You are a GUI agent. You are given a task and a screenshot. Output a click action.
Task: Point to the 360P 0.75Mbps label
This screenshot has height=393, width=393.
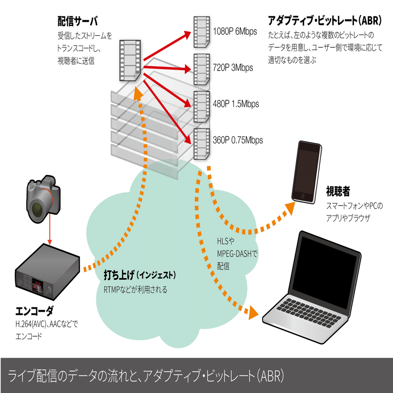tap(237, 140)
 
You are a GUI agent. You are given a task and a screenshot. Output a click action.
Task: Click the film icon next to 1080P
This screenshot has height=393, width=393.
tap(201, 32)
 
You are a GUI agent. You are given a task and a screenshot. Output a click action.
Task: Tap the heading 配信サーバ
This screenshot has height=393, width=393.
tap(77, 21)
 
